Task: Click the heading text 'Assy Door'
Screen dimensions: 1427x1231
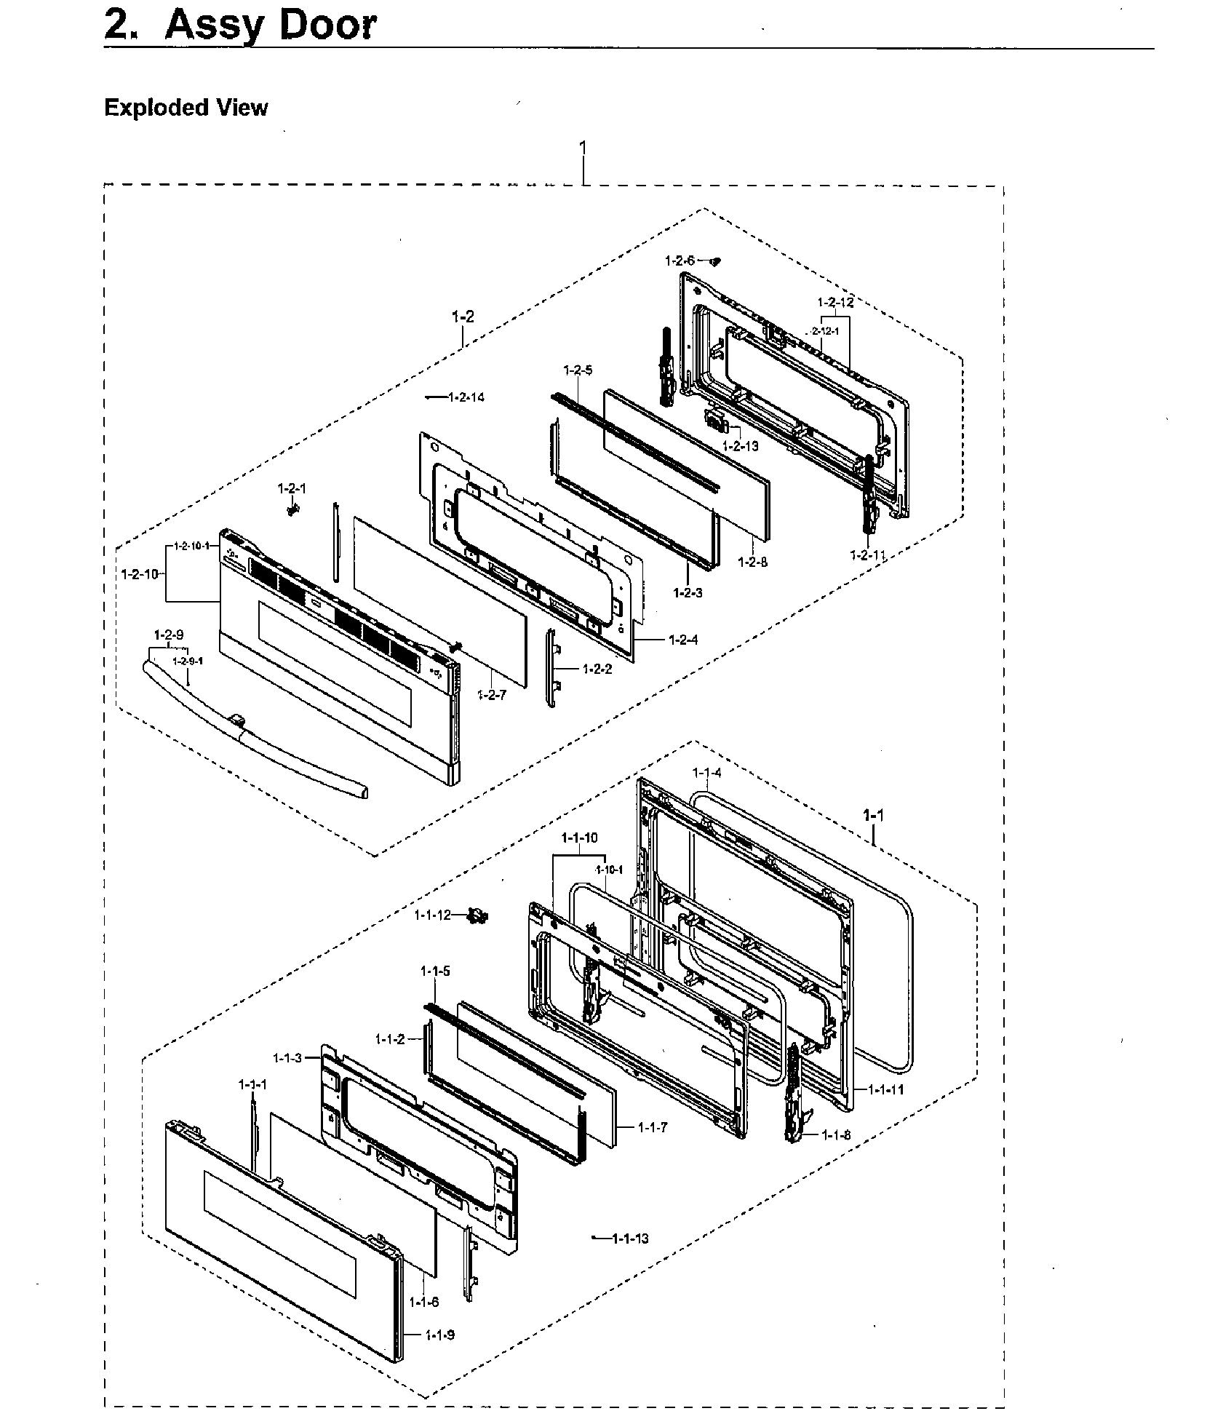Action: click(271, 25)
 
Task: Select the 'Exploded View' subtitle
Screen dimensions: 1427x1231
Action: click(186, 108)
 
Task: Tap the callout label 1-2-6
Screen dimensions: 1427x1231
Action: click(680, 260)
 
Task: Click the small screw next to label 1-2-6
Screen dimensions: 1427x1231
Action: click(715, 261)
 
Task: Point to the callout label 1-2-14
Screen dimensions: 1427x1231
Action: click(466, 397)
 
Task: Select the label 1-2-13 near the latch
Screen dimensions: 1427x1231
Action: click(740, 445)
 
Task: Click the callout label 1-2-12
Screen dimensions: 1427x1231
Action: click(835, 303)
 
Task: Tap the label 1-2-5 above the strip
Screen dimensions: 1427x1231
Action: click(578, 370)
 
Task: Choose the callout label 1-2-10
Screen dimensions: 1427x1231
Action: click(139, 574)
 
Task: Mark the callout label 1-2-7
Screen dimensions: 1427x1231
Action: click(492, 696)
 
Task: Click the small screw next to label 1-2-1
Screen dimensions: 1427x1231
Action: click(292, 511)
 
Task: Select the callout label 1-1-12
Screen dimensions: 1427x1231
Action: click(433, 915)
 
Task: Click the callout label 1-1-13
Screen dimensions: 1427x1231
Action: click(630, 1239)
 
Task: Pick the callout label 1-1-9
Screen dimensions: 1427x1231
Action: click(439, 1335)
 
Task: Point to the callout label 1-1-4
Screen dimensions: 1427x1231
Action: click(706, 772)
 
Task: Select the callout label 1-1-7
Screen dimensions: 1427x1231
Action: click(653, 1127)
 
